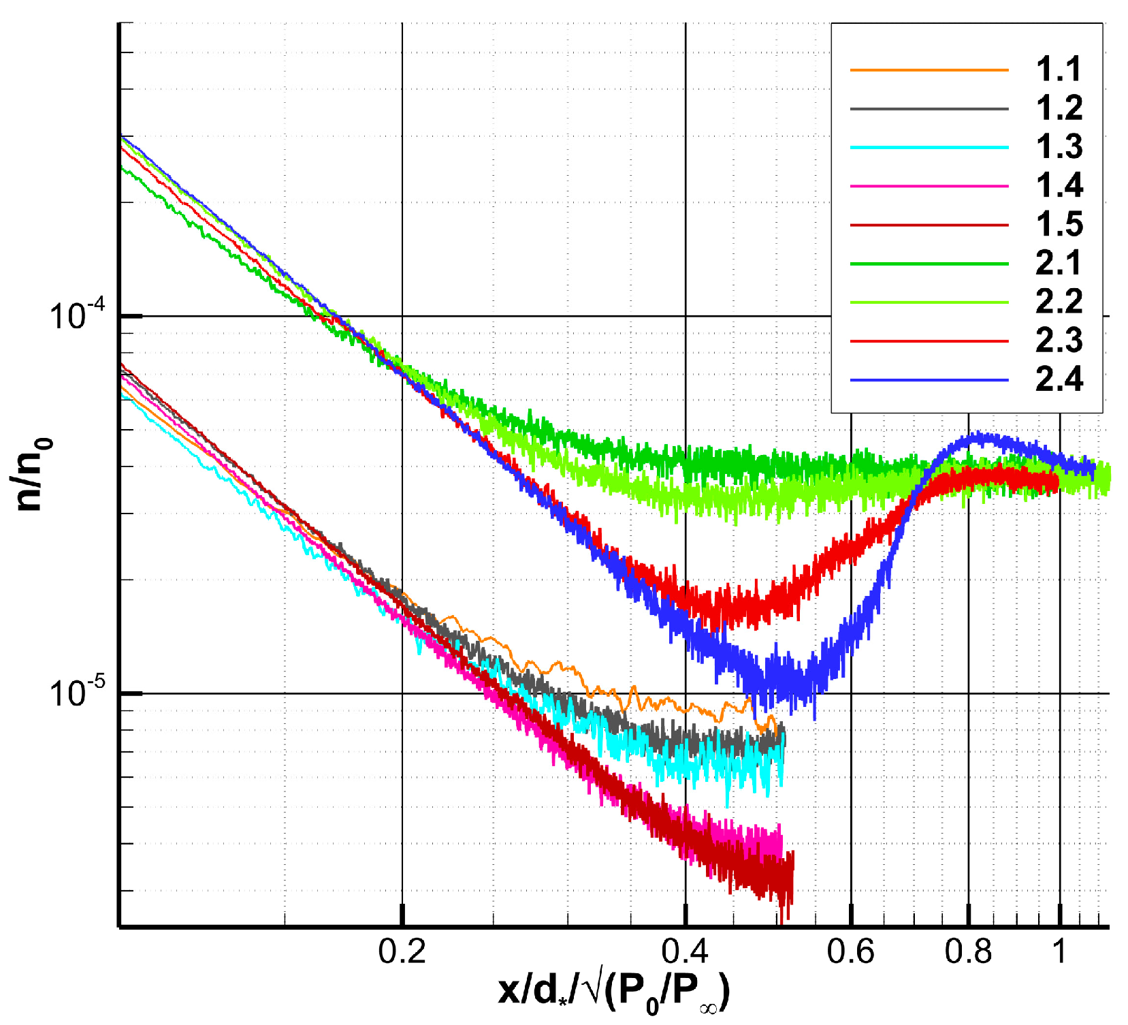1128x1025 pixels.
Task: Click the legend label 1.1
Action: pyautogui.click(x=1059, y=69)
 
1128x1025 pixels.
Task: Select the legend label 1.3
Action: pyautogui.click(x=1059, y=147)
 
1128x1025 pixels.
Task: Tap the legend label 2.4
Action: pyautogui.click(x=1059, y=379)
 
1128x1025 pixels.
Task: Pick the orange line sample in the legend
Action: pyautogui.click(x=929, y=69)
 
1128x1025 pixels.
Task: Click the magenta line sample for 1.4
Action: pyautogui.click(x=929, y=186)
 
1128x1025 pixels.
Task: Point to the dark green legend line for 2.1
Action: pyautogui.click(x=929, y=264)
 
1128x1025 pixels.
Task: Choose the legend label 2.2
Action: pyautogui.click(x=1059, y=302)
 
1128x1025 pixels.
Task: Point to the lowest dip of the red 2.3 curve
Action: pyautogui.click(x=715, y=623)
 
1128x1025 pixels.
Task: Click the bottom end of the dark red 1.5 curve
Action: pyautogui.click(x=786, y=916)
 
